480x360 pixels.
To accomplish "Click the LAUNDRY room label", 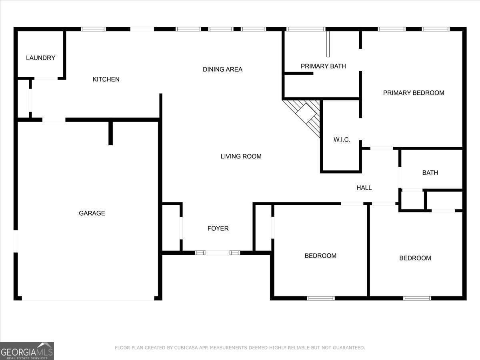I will (40, 58).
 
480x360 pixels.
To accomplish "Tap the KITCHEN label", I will (106, 80).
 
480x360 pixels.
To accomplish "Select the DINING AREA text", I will (222, 70).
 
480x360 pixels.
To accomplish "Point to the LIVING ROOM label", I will (241, 156).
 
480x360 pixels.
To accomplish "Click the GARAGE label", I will (92, 213).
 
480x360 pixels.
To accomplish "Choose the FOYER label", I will (218, 228).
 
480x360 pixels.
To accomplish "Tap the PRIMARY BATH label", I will (323, 66).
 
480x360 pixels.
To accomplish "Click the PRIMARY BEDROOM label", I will (414, 93).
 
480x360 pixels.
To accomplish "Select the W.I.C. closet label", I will (342, 140).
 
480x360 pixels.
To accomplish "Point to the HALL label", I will (364, 188).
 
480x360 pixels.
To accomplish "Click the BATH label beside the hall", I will (430, 173).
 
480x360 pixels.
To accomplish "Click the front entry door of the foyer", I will (217, 253).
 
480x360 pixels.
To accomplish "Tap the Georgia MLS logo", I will (27, 351).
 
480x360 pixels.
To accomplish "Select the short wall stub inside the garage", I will (111, 133).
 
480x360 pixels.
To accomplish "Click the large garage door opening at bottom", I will (88, 298).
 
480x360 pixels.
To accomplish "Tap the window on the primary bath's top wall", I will (306, 29).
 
